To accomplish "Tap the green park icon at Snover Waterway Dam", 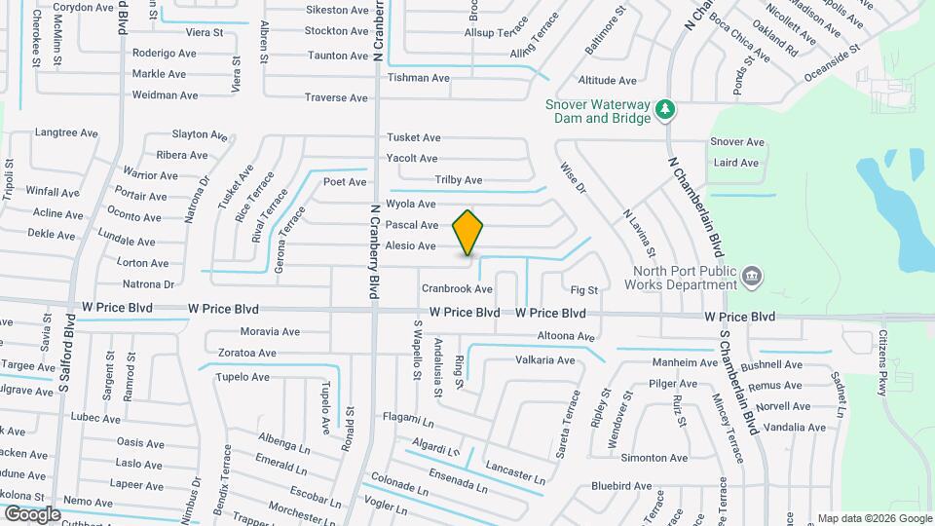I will coord(665,108).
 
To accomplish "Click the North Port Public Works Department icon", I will coord(751,278).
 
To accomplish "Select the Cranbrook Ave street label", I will coord(457,289).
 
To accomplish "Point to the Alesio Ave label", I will coord(410,246).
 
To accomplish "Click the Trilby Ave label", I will coord(458,180).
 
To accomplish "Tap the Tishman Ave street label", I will coord(419,78).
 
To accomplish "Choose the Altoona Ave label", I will coord(566,337).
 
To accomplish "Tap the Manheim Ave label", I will coord(684,362).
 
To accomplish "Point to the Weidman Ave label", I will coord(165,95).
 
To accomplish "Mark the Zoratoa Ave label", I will coord(247,353).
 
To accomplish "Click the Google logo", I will coord(33,513).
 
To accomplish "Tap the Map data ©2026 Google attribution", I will coord(874,518).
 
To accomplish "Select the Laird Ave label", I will coord(736,163).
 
